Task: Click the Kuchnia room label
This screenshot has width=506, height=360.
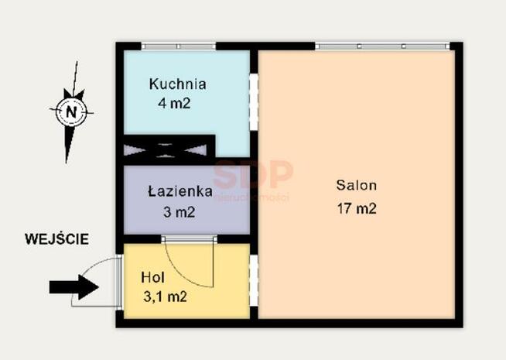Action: [178, 84]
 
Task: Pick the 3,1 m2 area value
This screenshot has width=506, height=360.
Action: [165, 295]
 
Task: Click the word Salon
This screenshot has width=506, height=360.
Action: [356, 186]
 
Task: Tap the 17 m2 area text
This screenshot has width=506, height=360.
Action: [356, 207]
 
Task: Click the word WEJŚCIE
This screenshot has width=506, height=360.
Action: [56, 239]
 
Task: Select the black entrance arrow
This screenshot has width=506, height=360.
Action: [74, 287]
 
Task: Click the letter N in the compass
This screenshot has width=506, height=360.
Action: [71, 111]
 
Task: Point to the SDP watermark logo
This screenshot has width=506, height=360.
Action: [253, 174]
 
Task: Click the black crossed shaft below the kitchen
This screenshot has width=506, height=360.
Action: [169, 147]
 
